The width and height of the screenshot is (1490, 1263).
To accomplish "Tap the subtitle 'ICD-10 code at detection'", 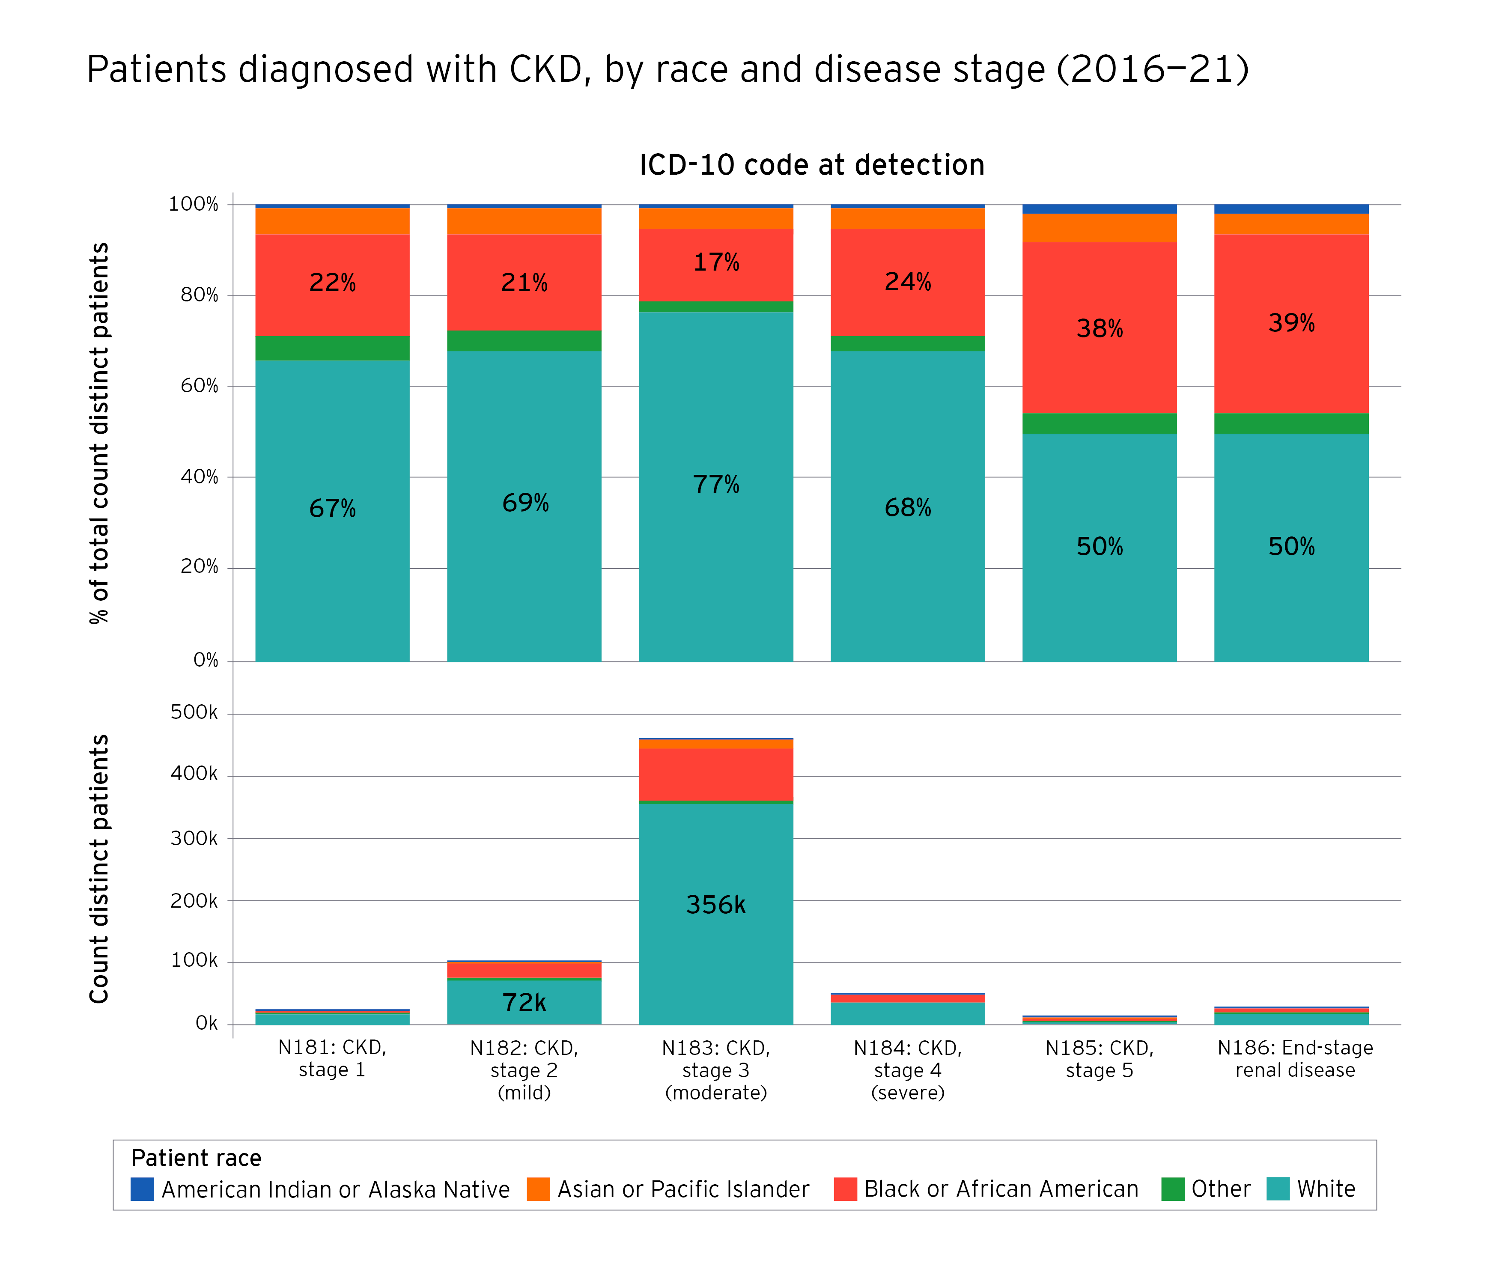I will point(811,165).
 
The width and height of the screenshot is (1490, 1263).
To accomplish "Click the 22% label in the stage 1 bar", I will point(332,283).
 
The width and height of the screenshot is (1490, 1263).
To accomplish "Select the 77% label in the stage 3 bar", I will point(715,485).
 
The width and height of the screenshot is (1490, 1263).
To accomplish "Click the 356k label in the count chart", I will point(715,905).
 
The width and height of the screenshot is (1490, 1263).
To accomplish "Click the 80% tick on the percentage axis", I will point(199,295).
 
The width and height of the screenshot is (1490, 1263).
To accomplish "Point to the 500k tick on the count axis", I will point(194,712).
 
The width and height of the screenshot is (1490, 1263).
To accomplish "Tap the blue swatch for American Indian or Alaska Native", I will point(142,1189).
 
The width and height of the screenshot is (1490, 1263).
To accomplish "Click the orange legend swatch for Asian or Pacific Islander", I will point(538,1189).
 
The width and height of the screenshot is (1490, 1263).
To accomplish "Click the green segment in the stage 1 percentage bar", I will point(332,348).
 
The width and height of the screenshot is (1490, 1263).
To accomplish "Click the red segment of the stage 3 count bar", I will point(715,774).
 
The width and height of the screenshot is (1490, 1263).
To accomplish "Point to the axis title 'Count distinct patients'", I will point(99,869).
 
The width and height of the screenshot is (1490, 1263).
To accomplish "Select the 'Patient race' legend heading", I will point(196,1158).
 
